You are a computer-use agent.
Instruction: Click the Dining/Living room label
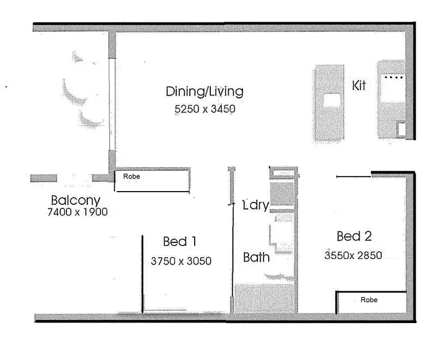204,91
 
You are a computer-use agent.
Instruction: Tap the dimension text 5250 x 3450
204,110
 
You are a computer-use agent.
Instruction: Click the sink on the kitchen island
332,100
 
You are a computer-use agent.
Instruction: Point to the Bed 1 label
180,242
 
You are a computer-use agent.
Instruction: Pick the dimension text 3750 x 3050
182,261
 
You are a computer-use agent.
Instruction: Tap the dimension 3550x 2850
353,255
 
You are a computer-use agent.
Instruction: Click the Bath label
256,258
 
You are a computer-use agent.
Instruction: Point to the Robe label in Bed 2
369,300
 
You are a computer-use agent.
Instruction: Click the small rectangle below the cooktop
401,129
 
